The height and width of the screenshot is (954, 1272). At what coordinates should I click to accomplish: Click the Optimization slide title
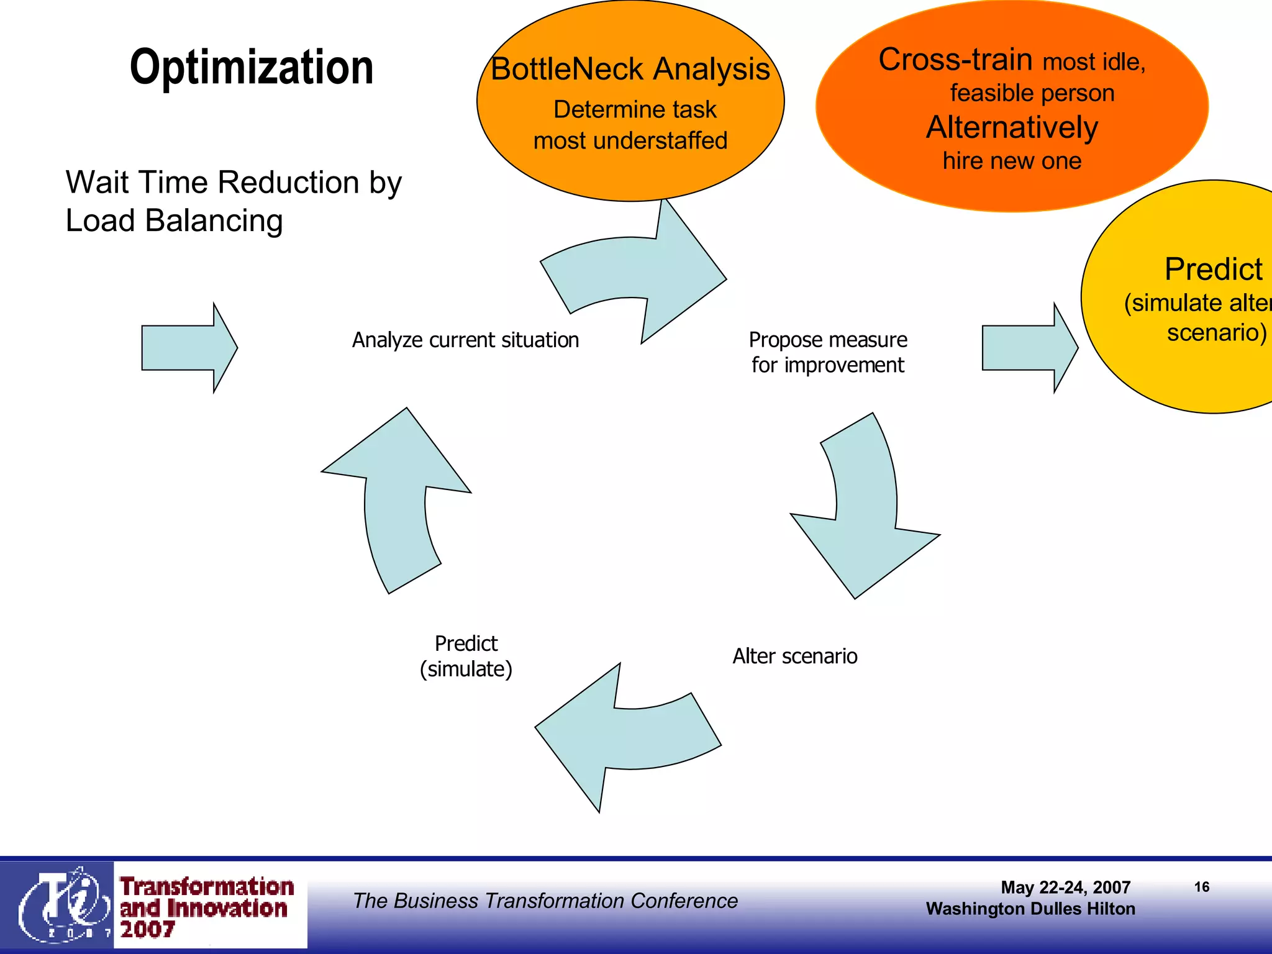[252, 67]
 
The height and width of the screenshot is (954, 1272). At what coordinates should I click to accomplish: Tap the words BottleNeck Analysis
[630, 69]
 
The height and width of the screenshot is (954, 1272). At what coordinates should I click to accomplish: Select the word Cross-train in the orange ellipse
[955, 60]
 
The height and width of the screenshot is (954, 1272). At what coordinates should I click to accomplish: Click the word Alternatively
[1012, 127]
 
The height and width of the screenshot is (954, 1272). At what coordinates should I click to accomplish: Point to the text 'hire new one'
[1012, 161]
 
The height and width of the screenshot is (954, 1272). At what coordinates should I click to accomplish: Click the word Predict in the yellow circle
[1213, 270]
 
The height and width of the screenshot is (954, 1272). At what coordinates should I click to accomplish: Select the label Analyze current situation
[465, 340]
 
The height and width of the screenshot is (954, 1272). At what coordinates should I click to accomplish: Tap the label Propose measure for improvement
[827, 352]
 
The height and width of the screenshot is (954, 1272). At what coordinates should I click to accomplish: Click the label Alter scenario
[794, 656]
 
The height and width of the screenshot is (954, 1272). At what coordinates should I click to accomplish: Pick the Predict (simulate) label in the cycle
[466, 656]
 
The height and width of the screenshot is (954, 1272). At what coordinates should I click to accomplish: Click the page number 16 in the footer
[1201, 887]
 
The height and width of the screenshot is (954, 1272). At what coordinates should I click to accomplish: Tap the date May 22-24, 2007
[1065, 888]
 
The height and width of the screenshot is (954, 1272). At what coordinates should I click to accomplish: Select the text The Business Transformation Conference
[545, 901]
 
